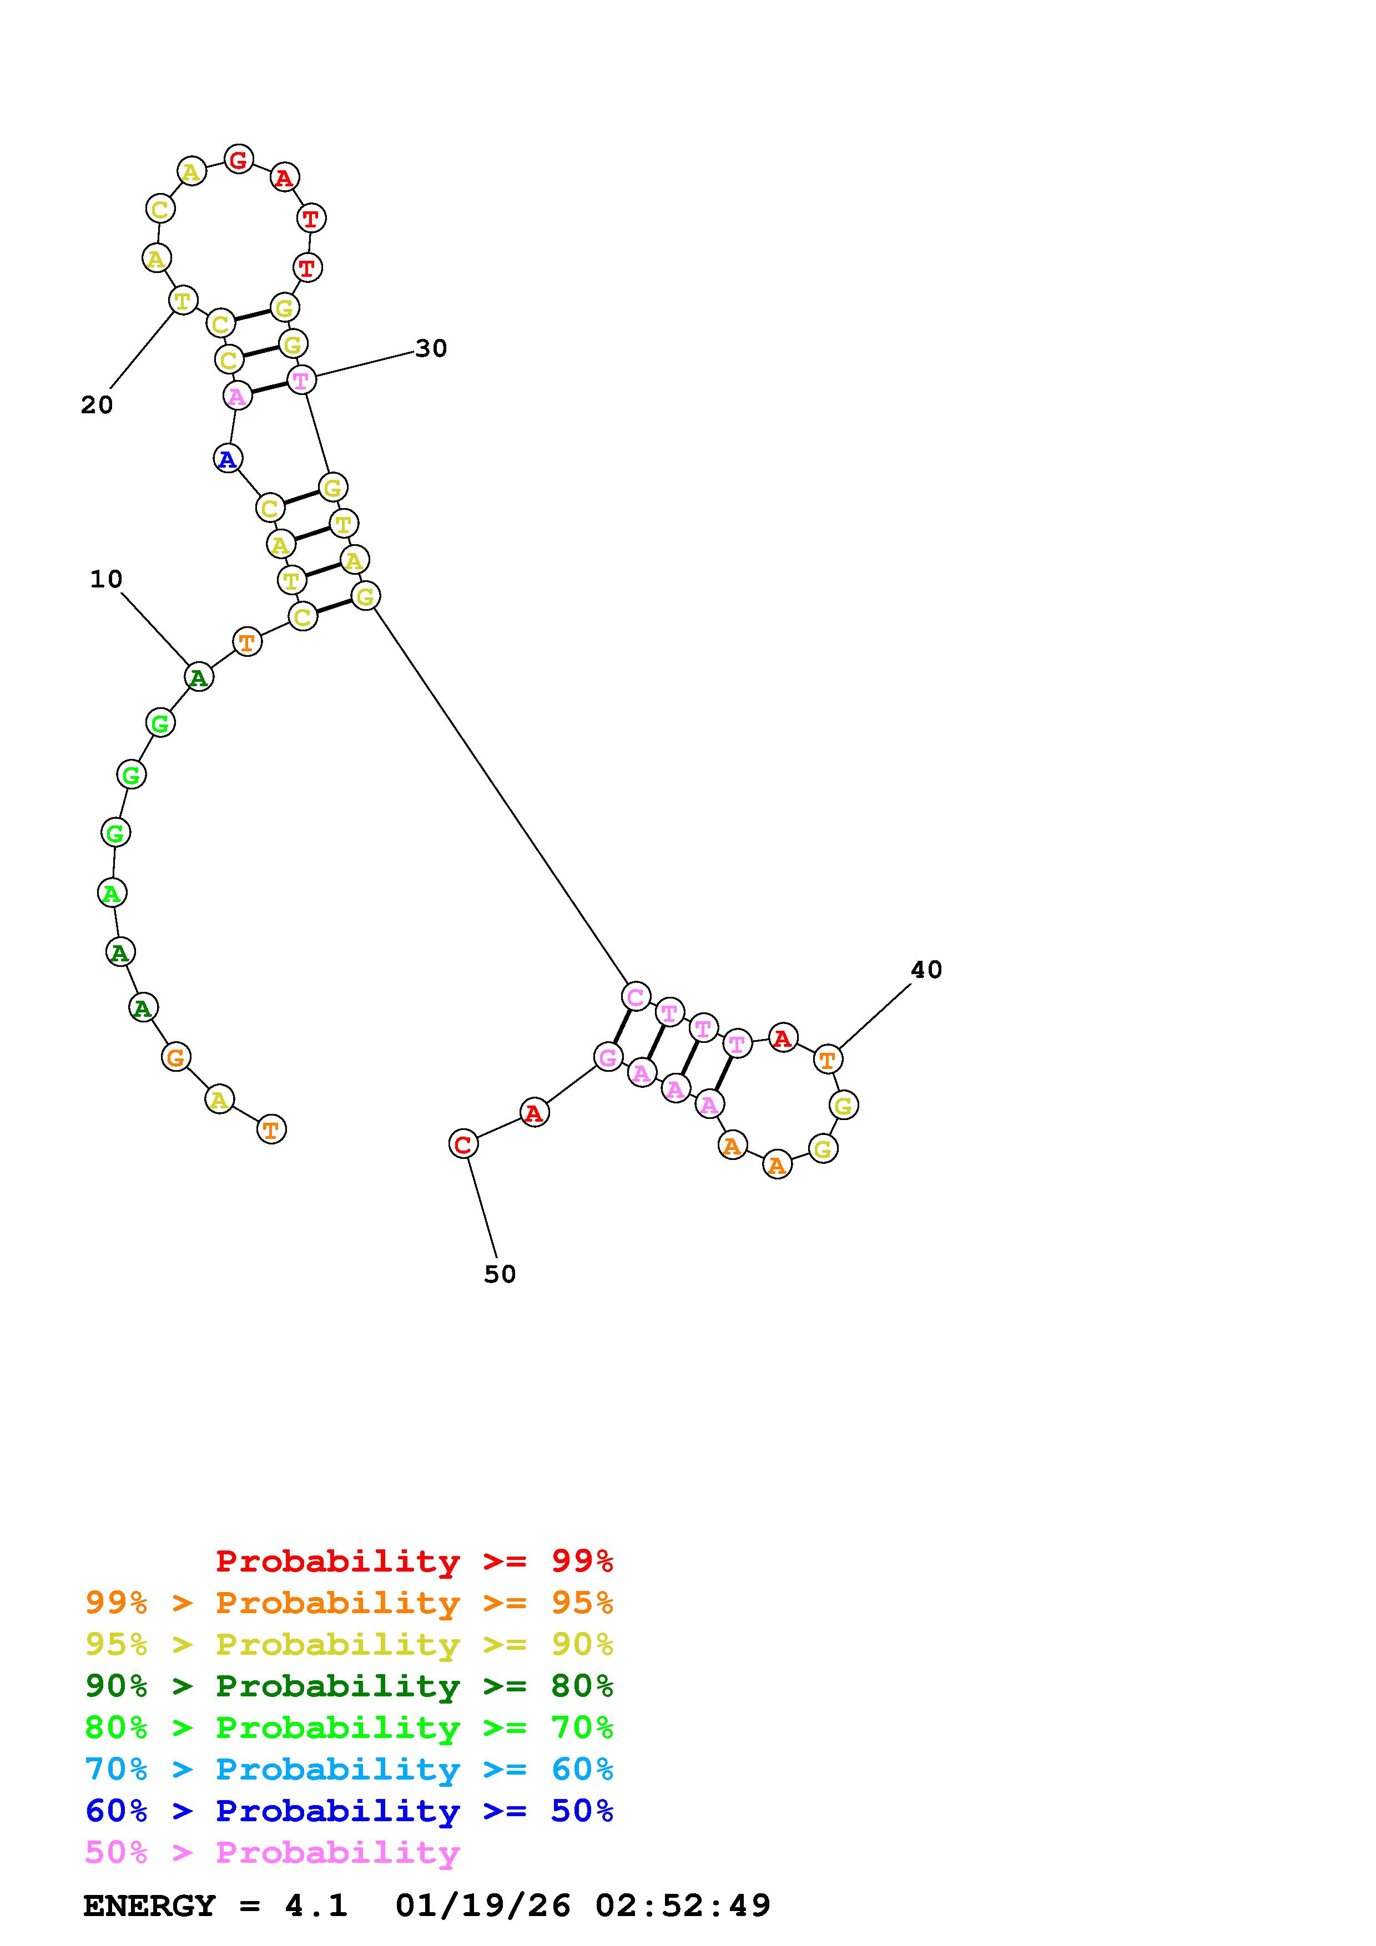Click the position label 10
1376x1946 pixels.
tap(106, 579)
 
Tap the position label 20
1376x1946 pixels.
tap(97, 405)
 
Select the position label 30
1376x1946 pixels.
tap(431, 348)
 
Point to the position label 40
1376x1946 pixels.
tap(926, 970)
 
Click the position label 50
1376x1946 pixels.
tap(500, 1274)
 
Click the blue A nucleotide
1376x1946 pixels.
tap(227, 459)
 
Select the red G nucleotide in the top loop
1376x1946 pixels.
tap(239, 159)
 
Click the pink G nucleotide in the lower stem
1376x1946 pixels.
tap(608, 1057)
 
